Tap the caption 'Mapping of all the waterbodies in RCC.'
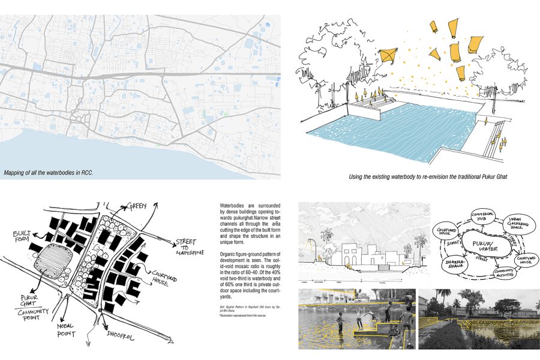[48, 173]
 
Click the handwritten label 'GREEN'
[137, 207]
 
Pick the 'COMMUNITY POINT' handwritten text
[32, 311]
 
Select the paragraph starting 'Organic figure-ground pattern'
[248, 276]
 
